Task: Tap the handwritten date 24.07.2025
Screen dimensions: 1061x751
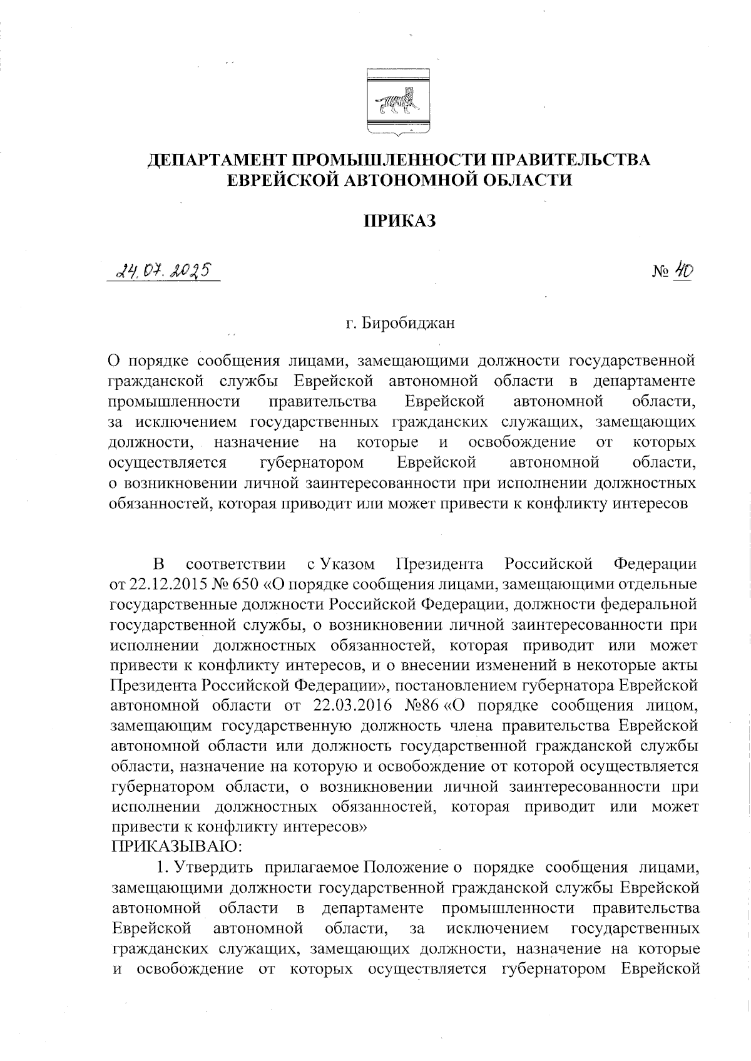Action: [164, 272]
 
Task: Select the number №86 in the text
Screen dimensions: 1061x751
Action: [423, 706]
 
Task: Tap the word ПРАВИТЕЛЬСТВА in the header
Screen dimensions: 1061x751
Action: [569, 160]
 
